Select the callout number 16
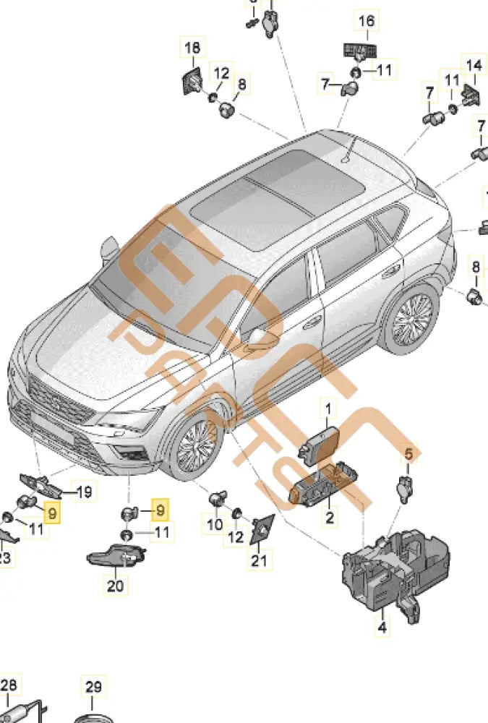(367, 21)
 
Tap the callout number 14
(473, 65)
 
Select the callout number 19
(84, 493)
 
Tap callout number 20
(116, 586)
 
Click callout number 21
(259, 560)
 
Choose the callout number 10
(215, 524)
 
